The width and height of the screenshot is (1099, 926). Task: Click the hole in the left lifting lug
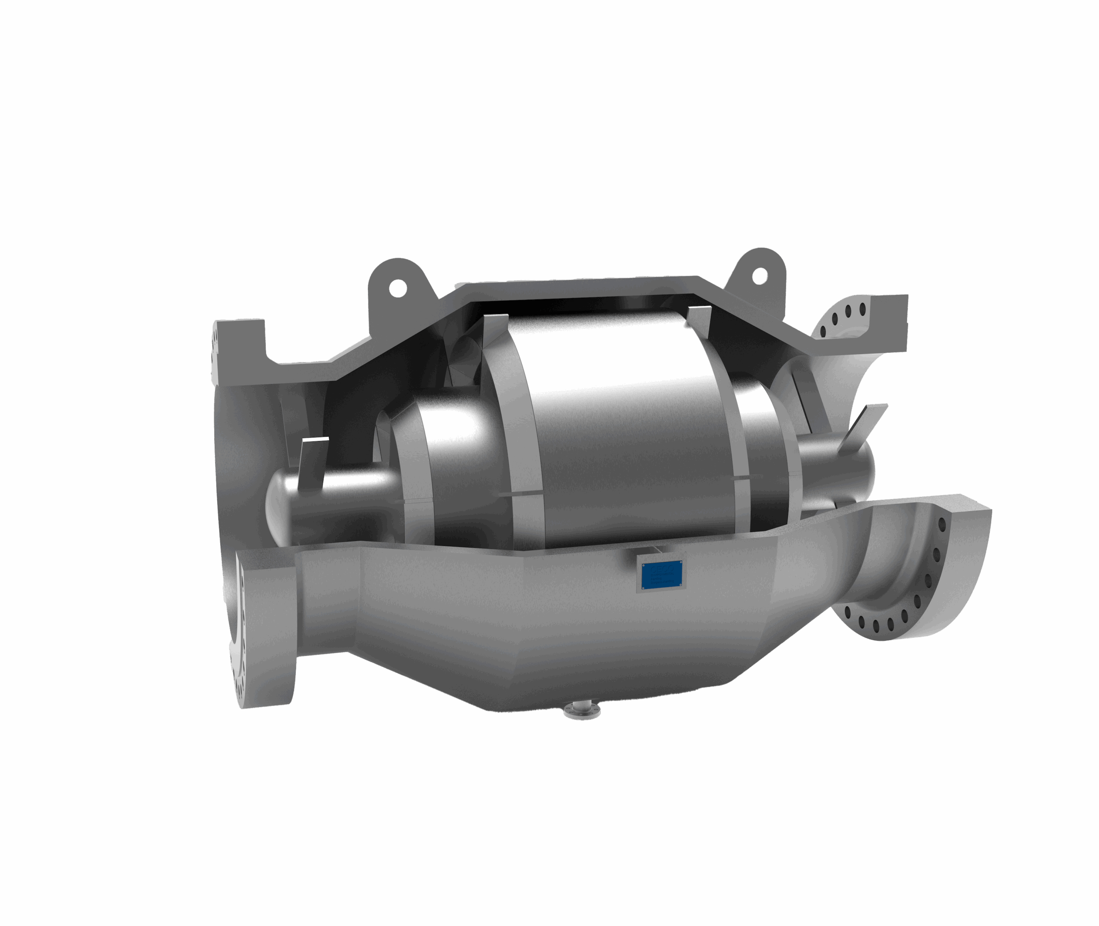pyautogui.click(x=398, y=287)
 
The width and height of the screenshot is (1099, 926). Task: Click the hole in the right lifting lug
pyautogui.click(x=760, y=275)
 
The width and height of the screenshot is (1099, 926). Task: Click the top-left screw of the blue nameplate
pyautogui.click(x=644, y=564)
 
